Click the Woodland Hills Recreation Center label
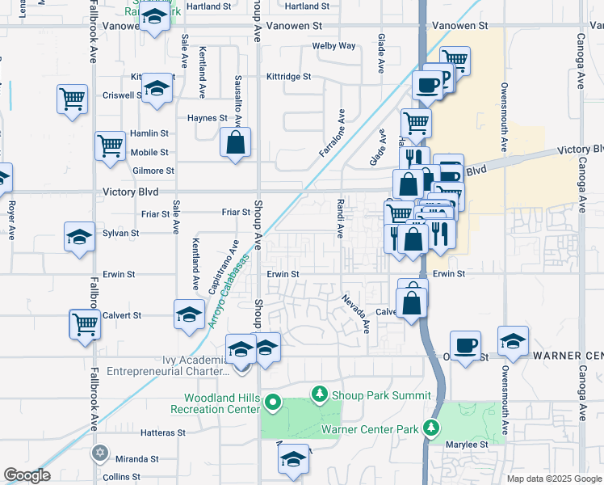point(219,403)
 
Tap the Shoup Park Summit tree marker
point(320,394)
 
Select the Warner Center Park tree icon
point(433,428)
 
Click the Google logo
point(27,475)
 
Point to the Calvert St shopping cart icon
point(84,323)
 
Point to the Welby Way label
point(334,46)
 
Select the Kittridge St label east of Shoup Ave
point(289,77)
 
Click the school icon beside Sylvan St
point(79,238)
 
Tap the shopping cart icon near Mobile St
point(110,146)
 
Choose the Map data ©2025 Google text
point(553,479)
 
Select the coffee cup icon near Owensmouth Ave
point(465,346)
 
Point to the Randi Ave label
point(340,220)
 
